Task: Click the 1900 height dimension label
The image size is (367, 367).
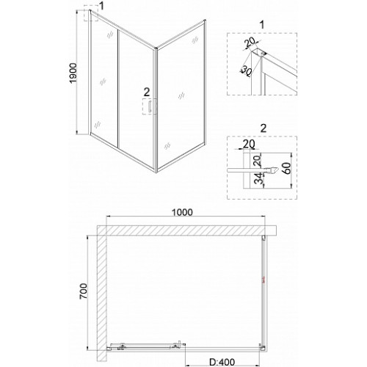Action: (73, 73)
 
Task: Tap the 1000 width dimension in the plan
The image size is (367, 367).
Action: (182, 212)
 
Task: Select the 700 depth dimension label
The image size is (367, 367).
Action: (84, 291)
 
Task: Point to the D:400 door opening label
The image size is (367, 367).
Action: (222, 362)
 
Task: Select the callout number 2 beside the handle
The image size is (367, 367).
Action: (147, 92)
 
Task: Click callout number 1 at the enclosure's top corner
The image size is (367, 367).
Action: (101, 6)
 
